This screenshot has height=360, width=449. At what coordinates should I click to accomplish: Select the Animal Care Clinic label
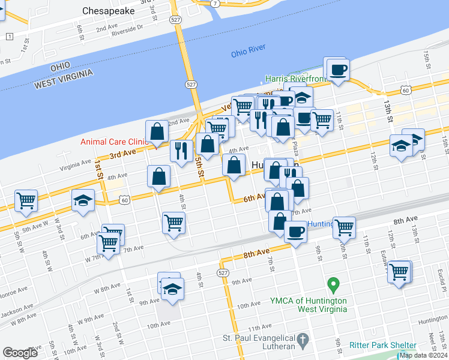114,142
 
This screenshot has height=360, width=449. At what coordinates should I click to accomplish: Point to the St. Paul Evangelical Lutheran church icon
304,340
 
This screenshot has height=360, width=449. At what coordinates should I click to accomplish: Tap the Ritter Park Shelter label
383,346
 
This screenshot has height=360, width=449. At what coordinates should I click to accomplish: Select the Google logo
20,353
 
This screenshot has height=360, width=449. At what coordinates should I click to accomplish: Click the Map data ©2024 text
423,355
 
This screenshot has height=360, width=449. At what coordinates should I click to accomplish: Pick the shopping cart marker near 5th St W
26,201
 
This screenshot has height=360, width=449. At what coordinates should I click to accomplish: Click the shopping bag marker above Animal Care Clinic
157,131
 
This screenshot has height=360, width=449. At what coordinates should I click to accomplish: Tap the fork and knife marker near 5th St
181,150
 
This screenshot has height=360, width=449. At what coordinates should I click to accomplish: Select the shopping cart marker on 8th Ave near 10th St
345,227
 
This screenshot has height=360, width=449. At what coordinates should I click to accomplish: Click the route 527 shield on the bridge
190,85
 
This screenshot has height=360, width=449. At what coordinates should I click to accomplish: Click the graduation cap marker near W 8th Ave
172,289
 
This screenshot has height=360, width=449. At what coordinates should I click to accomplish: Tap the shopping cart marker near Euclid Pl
399,271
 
